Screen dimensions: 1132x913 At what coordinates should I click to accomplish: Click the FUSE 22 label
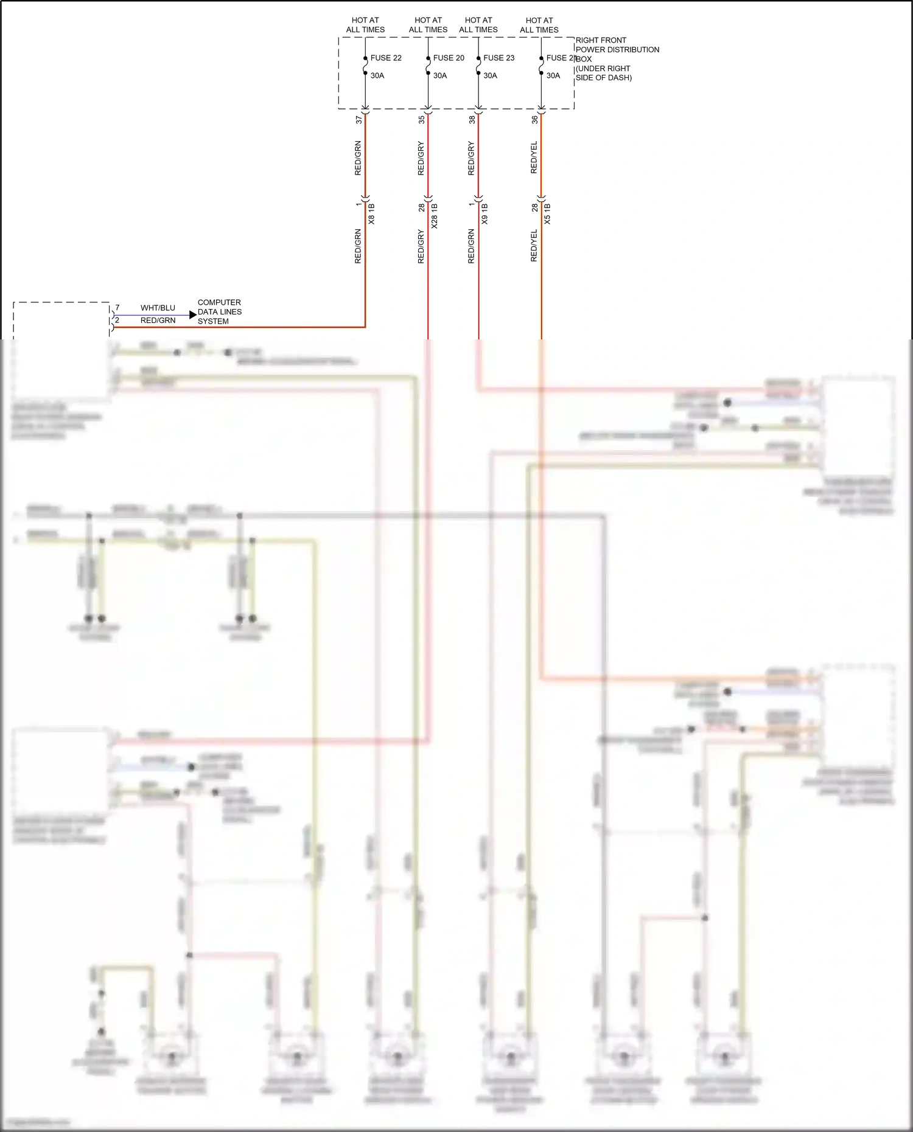click(x=386, y=58)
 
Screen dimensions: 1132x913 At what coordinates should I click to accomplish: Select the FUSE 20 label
click(x=449, y=58)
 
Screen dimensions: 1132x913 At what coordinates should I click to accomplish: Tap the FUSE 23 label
click(x=498, y=58)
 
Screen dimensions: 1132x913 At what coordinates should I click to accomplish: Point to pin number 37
click(x=359, y=120)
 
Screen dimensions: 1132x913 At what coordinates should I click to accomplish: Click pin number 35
click(x=421, y=120)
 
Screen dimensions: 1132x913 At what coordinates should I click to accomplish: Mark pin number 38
click(x=472, y=120)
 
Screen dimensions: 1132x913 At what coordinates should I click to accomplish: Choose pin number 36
click(x=534, y=120)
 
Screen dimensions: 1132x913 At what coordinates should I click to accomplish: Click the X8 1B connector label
click(x=372, y=214)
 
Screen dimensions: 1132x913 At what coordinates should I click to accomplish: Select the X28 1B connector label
click(x=435, y=216)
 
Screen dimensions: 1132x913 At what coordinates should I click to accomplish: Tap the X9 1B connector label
click(x=485, y=214)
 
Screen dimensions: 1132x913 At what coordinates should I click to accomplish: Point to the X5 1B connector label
click(x=547, y=214)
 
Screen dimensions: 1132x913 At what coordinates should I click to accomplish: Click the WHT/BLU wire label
click(x=158, y=308)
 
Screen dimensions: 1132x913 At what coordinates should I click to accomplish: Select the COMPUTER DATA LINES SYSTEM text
click(x=219, y=311)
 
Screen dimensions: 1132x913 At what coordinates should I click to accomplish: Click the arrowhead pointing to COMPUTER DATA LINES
click(x=193, y=315)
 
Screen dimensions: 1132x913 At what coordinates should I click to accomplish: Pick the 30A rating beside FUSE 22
click(x=377, y=75)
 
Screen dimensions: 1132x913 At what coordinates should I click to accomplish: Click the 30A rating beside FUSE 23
click(x=490, y=75)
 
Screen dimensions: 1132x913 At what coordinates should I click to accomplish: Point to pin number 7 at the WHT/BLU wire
click(x=117, y=308)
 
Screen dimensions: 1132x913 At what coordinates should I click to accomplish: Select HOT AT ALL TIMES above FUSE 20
click(x=428, y=25)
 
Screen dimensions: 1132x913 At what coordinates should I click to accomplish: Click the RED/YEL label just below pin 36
click(x=534, y=158)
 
